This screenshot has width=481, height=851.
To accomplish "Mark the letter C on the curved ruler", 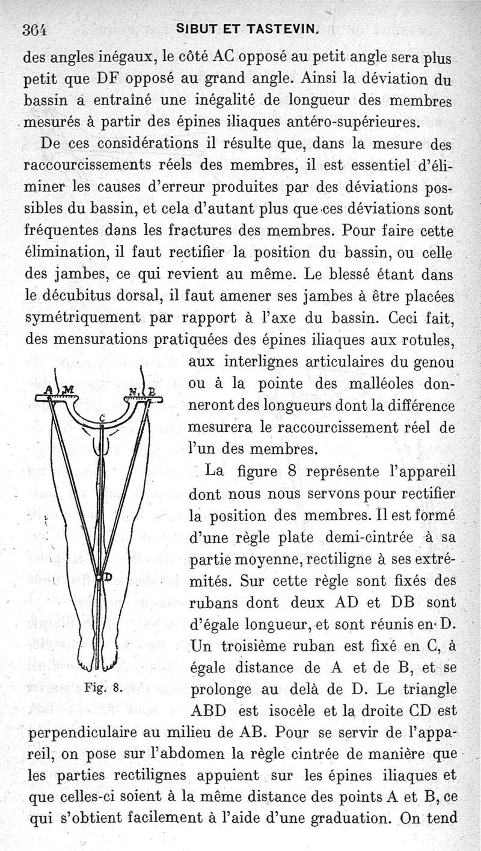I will coord(103,417).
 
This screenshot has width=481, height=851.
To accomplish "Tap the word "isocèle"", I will coord(286,711).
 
